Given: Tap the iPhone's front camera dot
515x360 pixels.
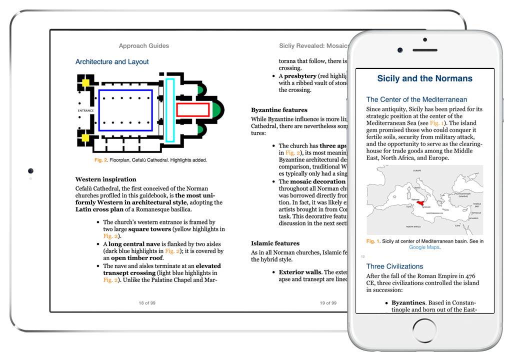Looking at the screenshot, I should [x=400, y=50].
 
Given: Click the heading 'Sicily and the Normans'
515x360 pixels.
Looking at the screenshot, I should [x=424, y=78].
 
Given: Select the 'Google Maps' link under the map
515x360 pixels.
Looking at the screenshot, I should [x=424, y=247].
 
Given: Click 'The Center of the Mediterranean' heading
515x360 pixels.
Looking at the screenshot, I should [x=416, y=99].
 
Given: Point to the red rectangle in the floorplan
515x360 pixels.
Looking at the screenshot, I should [x=192, y=110].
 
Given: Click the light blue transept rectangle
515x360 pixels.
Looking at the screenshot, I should [x=170, y=110].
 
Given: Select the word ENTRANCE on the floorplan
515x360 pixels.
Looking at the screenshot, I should [x=86, y=110].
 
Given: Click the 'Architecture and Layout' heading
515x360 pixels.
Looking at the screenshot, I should [x=112, y=62].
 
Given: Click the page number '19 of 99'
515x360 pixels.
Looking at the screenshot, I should [x=328, y=303].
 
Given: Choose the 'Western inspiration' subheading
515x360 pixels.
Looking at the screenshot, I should [x=106, y=179].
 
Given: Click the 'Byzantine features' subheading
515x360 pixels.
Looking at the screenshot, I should [x=279, y=110].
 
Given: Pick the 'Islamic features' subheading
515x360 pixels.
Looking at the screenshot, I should [x=275, y=243].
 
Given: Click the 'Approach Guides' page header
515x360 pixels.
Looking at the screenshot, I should [x=144, y=46].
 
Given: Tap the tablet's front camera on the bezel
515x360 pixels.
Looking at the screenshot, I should [x=31, y=171].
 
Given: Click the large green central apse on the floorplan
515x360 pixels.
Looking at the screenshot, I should [x=217, y=110].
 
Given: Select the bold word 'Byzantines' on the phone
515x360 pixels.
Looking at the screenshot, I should [x=408, y=302].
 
